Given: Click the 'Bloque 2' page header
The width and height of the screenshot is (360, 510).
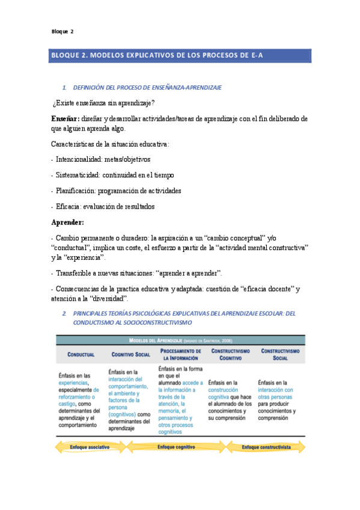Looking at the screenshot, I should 62,32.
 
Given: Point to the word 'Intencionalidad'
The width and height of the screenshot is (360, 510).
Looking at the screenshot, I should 78,160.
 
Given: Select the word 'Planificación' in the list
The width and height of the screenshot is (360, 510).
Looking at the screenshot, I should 76,191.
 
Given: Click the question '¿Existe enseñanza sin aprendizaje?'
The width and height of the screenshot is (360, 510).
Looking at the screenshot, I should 104,103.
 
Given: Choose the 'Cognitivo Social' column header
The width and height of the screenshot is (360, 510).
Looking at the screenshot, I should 130,354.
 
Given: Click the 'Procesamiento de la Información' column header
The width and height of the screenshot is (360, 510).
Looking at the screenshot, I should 180,354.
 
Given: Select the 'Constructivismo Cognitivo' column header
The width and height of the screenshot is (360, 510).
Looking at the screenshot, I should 231,354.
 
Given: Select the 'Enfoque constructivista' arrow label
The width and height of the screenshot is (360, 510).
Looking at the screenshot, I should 267,447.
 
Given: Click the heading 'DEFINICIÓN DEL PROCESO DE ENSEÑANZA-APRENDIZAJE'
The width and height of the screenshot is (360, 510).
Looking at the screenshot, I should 147,88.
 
